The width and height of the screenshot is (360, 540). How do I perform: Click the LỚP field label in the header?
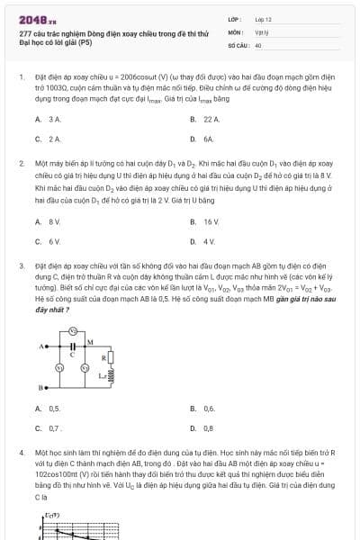click(x=234, y=18)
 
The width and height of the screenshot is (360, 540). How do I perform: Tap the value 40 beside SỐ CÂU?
click(x=258, y=43)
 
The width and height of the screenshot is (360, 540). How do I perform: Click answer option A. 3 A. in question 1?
click(x=49, y=119)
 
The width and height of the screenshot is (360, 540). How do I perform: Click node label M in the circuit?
click(x=90, y=341)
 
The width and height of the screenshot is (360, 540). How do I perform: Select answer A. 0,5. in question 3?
click(x=49, y=408)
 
